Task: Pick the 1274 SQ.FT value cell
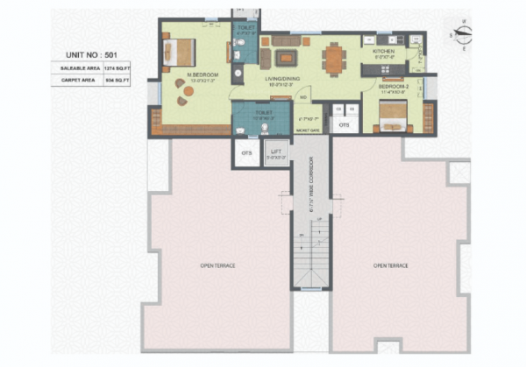click(117, 67)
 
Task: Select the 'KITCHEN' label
click(385, 52)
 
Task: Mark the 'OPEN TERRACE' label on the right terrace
click(391, 265)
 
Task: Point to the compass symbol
click(463, 32)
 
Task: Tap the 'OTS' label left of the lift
click(245, 153)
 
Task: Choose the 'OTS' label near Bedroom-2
click(344, 125)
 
